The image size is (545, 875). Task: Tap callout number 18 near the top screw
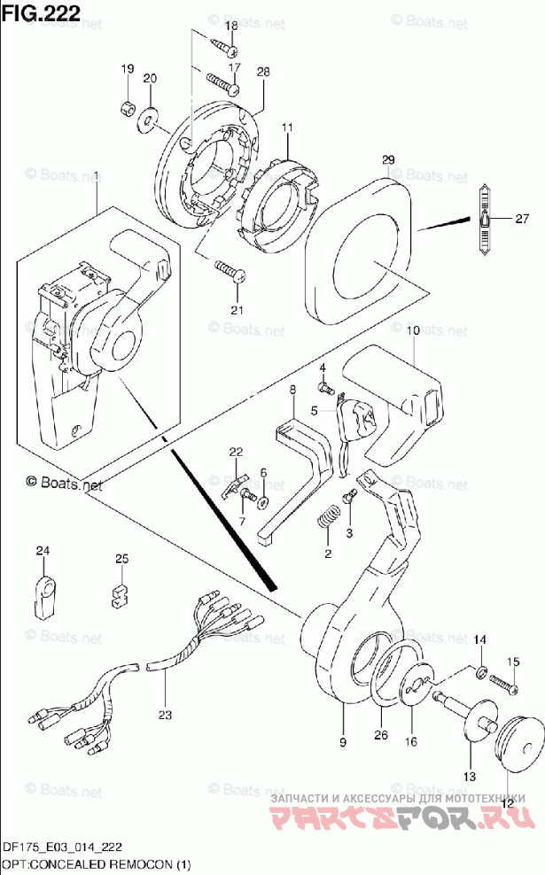(230, 27)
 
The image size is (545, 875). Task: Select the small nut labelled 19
(127, 110)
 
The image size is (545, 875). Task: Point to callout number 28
(262, 72)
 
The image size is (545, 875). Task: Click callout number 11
(287, 128)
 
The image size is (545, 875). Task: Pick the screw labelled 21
(227, 270)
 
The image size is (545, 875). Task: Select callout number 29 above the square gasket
(387, 159)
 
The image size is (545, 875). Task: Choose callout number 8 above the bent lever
(292, 390)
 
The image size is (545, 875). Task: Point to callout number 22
(235, 453)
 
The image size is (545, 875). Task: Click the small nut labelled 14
(479, 674)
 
